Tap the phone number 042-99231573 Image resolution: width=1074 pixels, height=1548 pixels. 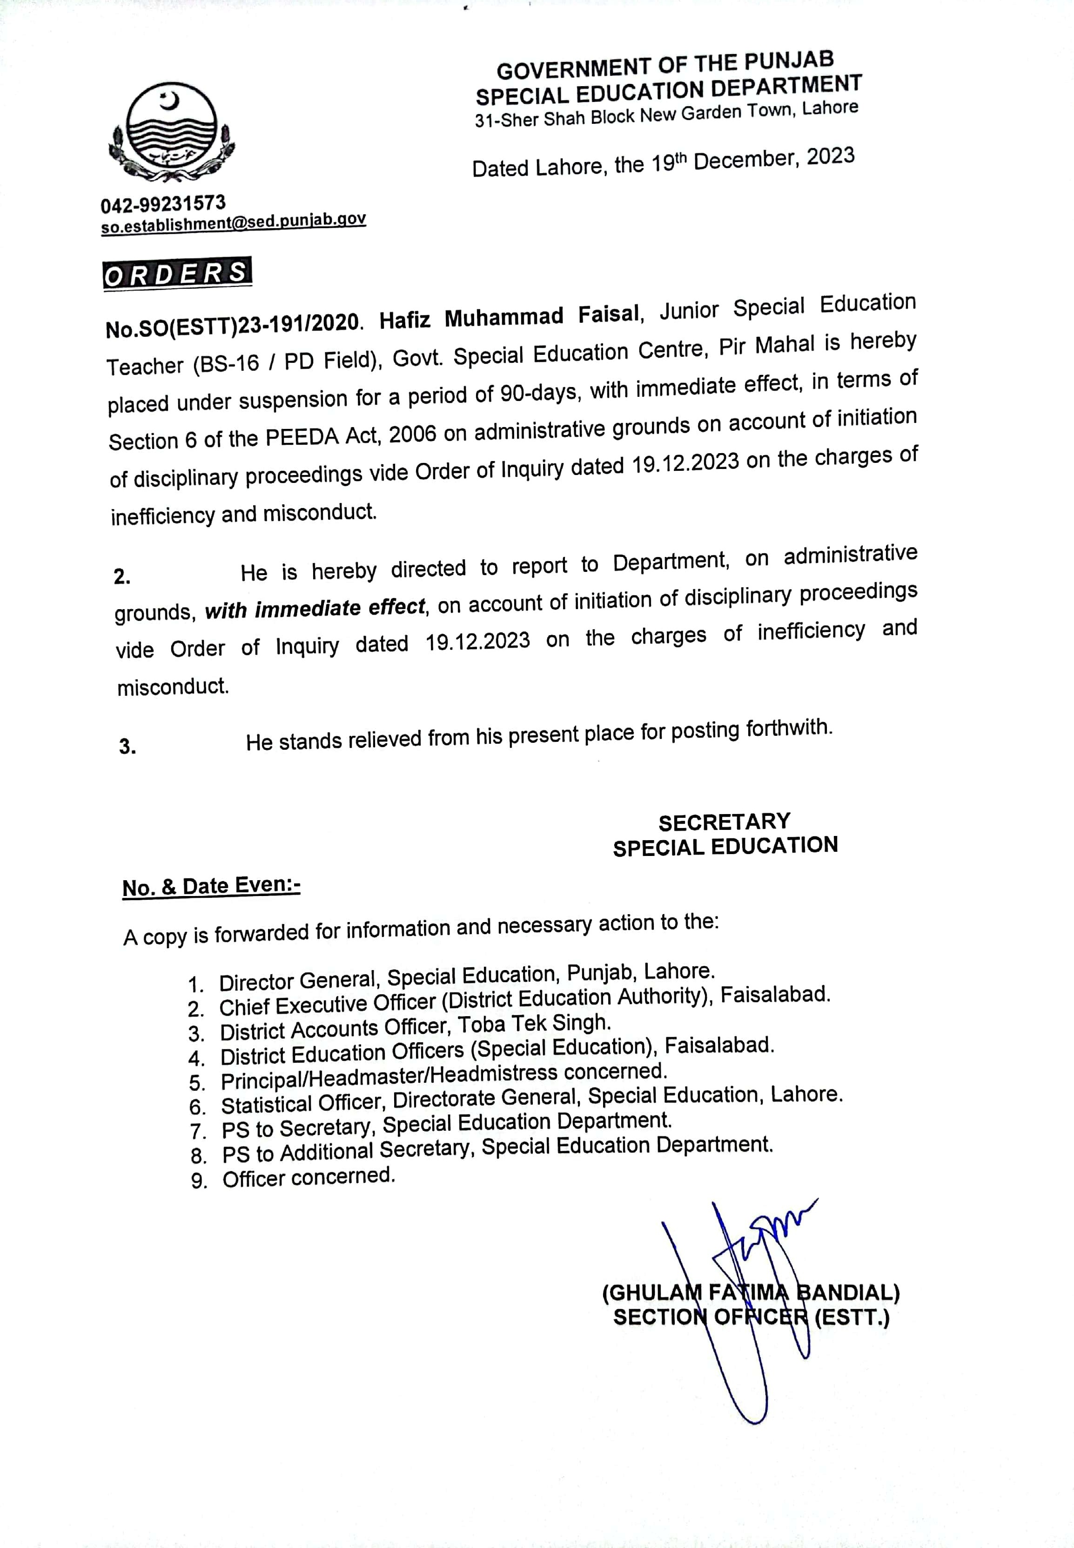163,204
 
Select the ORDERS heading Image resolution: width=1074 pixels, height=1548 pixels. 177,273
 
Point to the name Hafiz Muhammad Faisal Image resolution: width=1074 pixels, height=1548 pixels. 509,317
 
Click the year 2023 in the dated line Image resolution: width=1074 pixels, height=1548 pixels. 831,157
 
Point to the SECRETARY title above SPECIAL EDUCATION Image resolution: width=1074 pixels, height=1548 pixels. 724,822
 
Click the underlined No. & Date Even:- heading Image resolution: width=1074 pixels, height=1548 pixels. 211,887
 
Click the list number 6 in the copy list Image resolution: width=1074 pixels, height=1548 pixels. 196,1107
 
